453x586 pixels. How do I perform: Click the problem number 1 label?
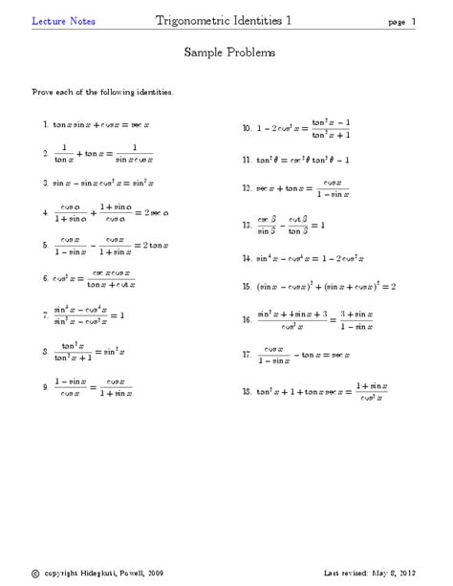(46, 124)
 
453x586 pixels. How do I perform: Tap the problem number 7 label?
(46, 315)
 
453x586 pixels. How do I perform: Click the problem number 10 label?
(247, 127)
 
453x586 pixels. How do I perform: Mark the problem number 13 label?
(247, 226)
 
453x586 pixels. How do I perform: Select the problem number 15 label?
(247, 285)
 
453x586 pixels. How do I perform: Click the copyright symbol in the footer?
(35, 574)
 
